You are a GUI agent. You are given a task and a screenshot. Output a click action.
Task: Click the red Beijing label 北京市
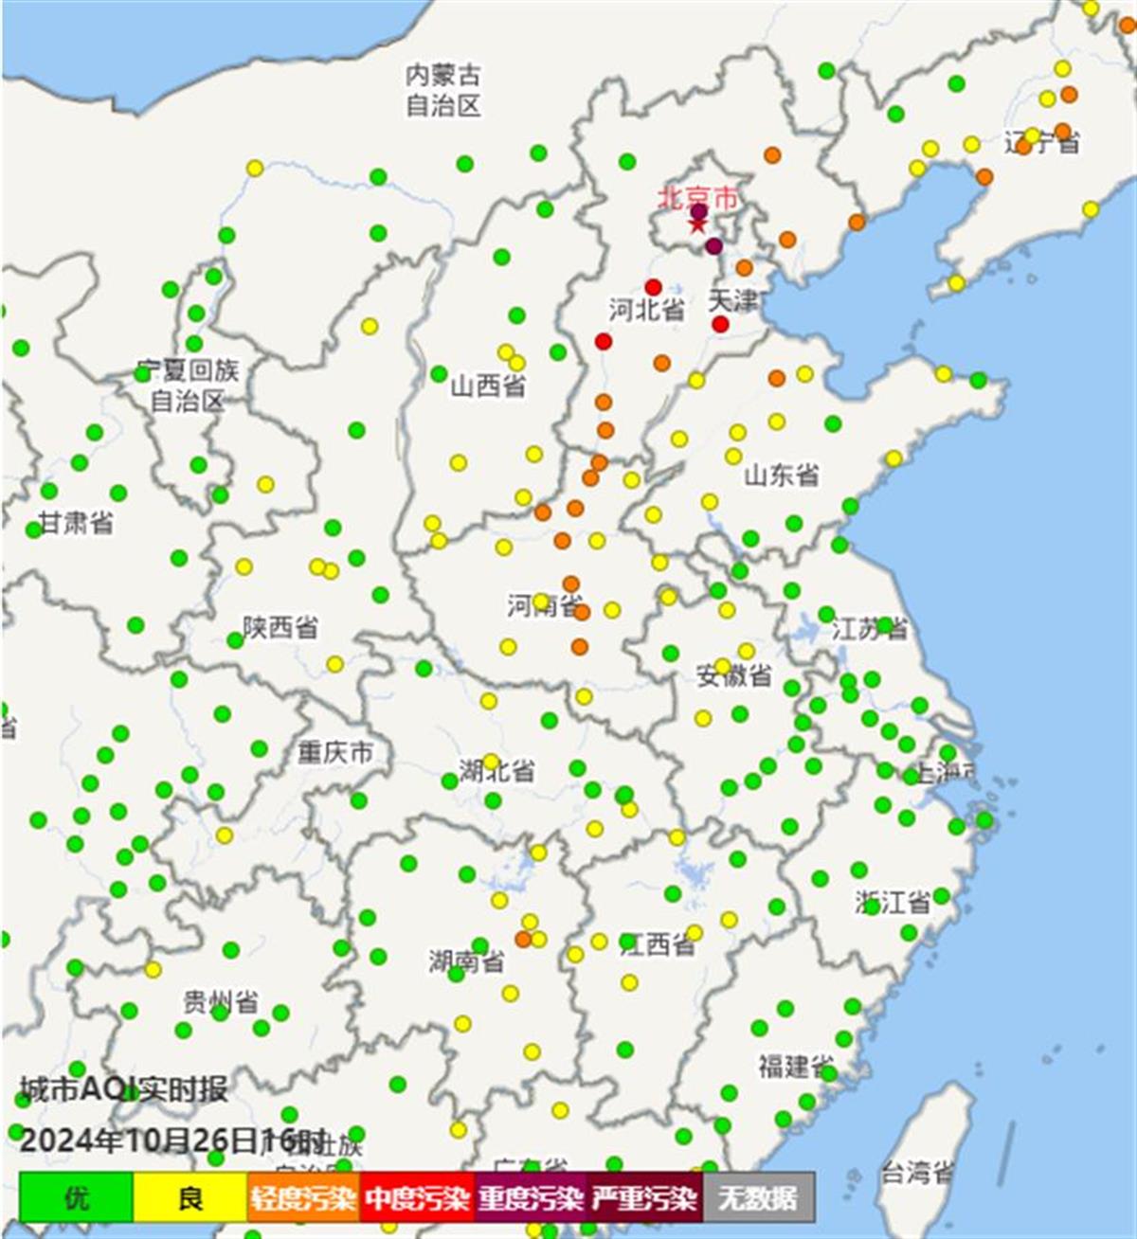tap(697, 198)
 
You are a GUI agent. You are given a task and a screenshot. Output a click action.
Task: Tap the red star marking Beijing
tap(697, 225)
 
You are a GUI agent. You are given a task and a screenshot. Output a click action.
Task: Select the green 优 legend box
tap(76, 1197)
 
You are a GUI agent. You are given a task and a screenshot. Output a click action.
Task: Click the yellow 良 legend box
tap(189, 1197)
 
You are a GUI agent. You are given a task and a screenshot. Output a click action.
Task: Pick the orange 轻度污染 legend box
tap(303, 1197)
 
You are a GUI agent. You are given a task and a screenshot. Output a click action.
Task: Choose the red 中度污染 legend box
tap(417, 1197)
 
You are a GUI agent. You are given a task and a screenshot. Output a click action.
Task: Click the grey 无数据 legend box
tap(758, 1197)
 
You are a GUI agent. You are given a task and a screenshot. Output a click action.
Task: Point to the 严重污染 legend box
tap(644, 1197)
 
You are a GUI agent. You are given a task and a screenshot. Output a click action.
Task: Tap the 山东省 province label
tap(781, 475)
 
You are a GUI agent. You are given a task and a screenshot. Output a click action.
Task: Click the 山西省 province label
tap(488, 386)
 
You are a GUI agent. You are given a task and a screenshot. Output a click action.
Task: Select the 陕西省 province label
tap(280, 627)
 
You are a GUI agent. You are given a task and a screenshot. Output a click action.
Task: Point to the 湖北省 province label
tap(498, 770)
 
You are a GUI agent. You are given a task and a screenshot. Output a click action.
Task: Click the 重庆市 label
tap(335, 753)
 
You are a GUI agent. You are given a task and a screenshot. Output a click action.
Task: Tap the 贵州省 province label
tap(221, 1001)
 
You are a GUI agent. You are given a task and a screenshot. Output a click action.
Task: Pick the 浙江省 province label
tap(893, 902)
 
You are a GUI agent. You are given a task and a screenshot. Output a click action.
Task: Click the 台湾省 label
tap(916, 1173)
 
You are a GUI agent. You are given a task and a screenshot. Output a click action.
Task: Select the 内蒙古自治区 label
tap(443, 90)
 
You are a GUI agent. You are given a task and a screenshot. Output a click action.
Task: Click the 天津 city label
tap(733, 301)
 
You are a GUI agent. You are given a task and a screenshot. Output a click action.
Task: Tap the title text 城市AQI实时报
tap(123, 1089)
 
